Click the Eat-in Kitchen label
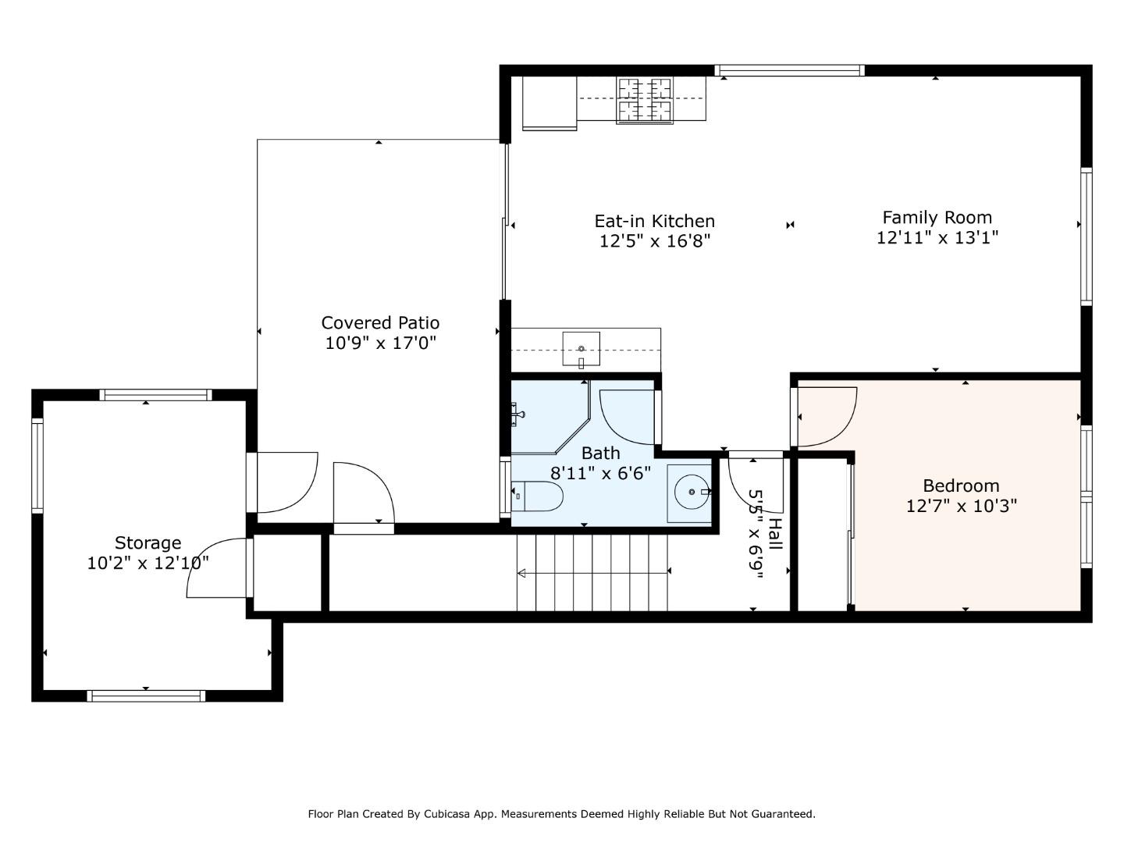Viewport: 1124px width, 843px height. pyautogui.click(x=654, y=221)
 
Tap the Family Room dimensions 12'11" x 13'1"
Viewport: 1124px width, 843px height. pyautogui.click(x=937, y=238)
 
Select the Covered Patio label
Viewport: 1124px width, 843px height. pyautogui.click(x=380, y=322)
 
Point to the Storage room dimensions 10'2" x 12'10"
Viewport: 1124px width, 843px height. pyautogui.click(x=148, y=564)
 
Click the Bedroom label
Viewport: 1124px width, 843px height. pyautogui.click(x=961, y=486)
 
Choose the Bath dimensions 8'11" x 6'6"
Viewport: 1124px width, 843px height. pyautogui.click(x=600, y=473)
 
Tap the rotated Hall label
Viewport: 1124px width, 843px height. pyautogui.click(x=777, y=534)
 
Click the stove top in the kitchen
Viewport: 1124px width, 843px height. pyautogui.click(x=645, y=101)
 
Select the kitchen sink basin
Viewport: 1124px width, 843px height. pyautogui.click(x=582, y=349)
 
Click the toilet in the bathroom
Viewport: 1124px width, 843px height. pyautogui.click(x=537, y=496)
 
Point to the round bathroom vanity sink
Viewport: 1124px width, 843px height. pyautogui.click(x=692, y=492)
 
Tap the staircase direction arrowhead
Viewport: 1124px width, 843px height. pyautogui.click(x=522, y=573)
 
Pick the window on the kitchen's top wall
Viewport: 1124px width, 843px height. pyautogui.click(x=789, y=70)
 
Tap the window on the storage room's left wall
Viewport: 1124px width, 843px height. pyautogui.click(x=37, y=465)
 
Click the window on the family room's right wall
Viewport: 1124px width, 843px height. pyautogui.click(x=1086, y=236)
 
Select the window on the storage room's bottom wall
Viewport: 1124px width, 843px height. pyautogui.click(x=146, y=695)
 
